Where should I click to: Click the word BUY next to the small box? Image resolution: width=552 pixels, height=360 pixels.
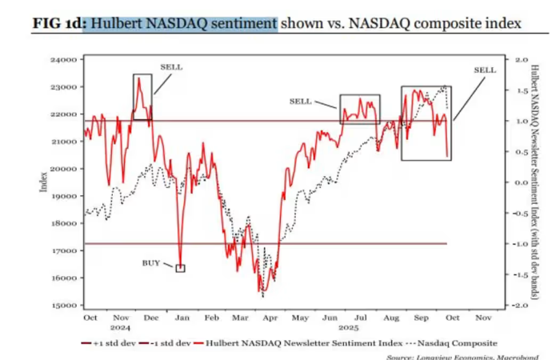tap(151, 262)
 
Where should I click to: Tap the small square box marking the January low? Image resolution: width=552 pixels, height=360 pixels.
tap(180, 268)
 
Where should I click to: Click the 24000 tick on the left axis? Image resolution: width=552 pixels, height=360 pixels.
tap(63, 60)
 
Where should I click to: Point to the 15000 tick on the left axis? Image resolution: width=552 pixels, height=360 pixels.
tap(63, 306)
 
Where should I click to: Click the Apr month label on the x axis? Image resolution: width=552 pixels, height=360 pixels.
tap(270, 318)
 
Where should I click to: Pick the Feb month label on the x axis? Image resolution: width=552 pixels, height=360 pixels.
tap(211, 318)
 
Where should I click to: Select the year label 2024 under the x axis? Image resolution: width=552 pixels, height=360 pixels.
tap(122, 327)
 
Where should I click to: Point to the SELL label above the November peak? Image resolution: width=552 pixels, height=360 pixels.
tap(171, 67)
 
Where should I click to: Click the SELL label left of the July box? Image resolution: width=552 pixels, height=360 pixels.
tap(300, 102)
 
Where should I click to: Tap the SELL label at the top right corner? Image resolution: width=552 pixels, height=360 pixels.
tap(485, 70)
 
